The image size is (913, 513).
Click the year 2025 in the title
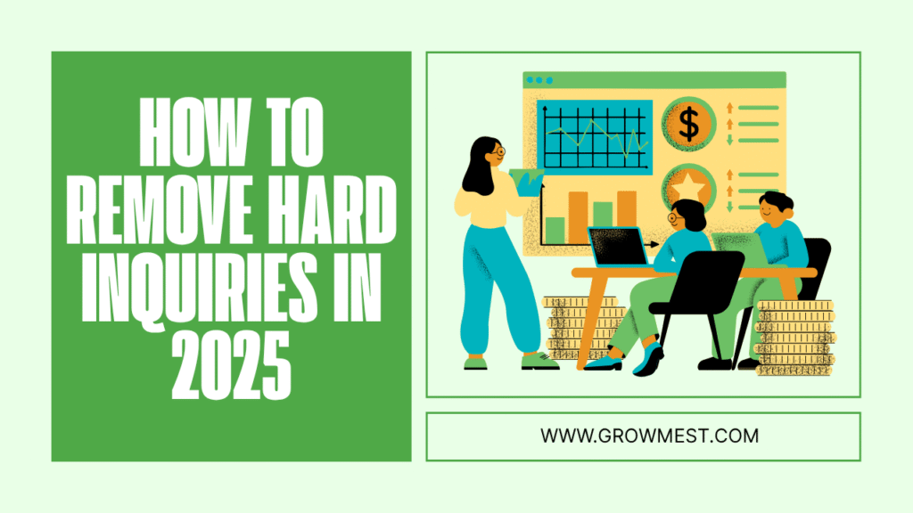pyautogui.click(x=231, y=364)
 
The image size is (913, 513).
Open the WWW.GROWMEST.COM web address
pyautogui.click(x=649, y=436)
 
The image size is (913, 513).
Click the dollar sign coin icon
pyautogui.click(x=689, y=124)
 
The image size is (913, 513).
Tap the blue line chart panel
pyautogui.click(x=595, y=137)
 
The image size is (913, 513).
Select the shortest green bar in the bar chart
pyautogui.click(x=555, y=231)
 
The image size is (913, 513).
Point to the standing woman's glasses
pyautogui.click(x=497, y=151)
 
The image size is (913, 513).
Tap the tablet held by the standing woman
pyautogui.click(x=527, y=182)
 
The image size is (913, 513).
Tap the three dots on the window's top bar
pyautogui.click(x=539, y=80)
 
